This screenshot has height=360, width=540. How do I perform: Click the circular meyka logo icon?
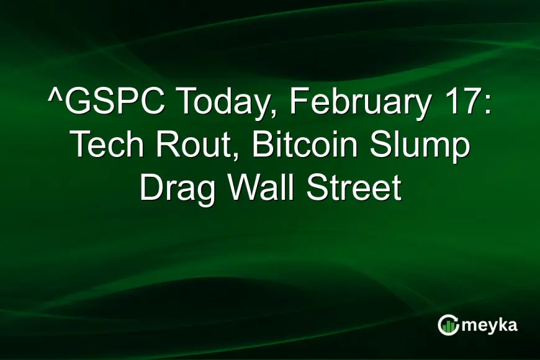tap(448, 325)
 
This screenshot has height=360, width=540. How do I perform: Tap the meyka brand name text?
tap(488, 325)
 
